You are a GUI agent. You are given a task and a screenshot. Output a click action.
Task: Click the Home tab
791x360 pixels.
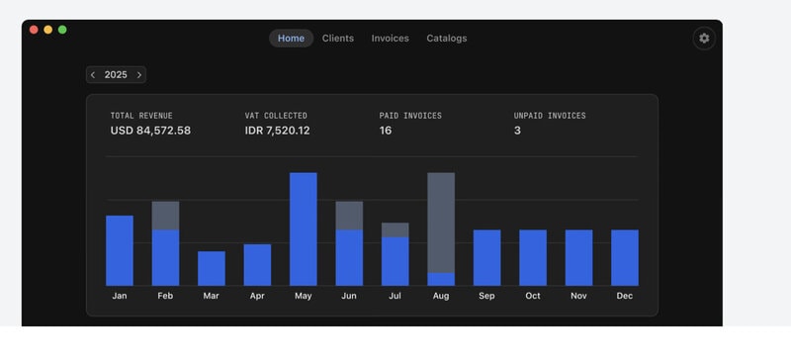coord(291,39)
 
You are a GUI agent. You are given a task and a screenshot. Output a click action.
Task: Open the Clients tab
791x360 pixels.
coord(338,39)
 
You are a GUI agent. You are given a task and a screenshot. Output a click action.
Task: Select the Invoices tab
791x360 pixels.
coord(390,39)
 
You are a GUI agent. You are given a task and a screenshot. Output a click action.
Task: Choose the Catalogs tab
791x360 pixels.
coord(447,39)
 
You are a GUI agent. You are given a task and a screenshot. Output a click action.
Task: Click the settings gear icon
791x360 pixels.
coord(704,39)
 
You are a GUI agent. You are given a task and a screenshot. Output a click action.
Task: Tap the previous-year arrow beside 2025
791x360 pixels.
coord(93,75)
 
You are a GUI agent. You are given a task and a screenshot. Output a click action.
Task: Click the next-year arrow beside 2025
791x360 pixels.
coord(139,75)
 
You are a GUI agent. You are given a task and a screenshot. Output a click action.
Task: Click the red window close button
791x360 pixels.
coord(34,30)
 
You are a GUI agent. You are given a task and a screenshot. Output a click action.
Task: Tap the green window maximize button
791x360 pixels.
coord(62,30)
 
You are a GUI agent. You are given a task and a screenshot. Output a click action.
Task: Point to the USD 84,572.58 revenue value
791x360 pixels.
coord(150,131)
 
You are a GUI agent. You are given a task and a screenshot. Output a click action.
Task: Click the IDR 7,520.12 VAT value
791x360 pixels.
coord(278,131)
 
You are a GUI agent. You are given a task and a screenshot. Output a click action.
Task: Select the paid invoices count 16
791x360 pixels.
coord(386,131)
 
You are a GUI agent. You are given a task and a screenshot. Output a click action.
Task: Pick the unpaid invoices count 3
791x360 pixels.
coord(517,131)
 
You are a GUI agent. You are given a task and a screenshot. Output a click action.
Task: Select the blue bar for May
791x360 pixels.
coord(304,229)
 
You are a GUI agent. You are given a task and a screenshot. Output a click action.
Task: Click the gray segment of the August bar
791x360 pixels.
coord(441,223)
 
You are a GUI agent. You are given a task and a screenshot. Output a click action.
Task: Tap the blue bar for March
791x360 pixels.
coord(212,269)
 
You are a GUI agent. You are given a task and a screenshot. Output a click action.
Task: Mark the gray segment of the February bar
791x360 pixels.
coord(165,216)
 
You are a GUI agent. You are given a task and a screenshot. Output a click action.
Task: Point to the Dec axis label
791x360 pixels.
coord(625,296)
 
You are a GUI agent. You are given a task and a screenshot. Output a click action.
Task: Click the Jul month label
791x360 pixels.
coord(395,296)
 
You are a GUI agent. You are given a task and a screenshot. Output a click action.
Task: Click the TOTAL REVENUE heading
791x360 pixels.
coord(141,116)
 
